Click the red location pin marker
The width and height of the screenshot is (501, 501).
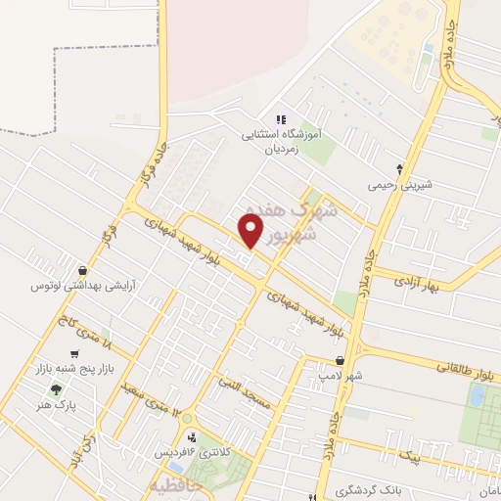click(x=251, y=232)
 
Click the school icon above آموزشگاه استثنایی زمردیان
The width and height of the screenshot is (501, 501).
click(x=281, y=119)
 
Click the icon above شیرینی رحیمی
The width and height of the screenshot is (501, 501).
click(x=399, y=167)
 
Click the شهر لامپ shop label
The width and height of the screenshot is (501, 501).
click(x=346, y=376)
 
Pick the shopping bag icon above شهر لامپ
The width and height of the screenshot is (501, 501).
click(x=339, y=360)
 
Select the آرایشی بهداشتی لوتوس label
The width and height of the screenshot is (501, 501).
click(x=82, y=286)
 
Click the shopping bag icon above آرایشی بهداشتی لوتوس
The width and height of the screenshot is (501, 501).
click(x=82, y=269)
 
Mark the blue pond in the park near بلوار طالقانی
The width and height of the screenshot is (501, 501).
click(x=477, y=395)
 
